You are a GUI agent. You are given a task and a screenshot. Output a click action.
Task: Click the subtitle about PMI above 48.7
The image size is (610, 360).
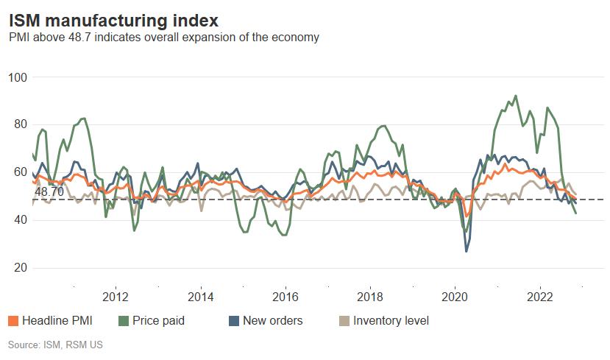tap(163, 37)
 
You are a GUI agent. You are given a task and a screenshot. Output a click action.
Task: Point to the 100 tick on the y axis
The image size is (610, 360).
tap(18, 77)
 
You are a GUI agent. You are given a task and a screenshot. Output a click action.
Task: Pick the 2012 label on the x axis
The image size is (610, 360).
tap(116, 297)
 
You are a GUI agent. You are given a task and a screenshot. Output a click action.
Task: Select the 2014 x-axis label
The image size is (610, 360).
tap(200, 297)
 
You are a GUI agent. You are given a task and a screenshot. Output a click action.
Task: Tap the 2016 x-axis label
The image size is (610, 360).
tap(285, 297)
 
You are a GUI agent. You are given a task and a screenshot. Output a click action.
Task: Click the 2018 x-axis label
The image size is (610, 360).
tap(369, 297)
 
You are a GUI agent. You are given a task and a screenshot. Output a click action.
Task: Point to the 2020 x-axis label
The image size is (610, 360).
tap(454, 297)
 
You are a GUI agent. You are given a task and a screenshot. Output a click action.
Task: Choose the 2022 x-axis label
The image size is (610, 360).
tap(539, 297)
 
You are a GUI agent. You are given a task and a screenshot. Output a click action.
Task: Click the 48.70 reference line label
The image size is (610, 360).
tap(49, 191)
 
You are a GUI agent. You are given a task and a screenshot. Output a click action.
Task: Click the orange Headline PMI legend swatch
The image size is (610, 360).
tap(13, 321)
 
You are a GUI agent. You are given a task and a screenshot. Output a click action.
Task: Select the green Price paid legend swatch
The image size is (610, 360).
tap(124, 321)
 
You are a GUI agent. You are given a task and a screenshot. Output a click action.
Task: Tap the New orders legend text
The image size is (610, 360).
tap(272, 321)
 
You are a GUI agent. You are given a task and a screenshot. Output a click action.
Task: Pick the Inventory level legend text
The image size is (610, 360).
tap(391, 321)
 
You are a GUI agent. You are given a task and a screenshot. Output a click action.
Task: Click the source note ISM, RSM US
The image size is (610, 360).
tap(54, 345)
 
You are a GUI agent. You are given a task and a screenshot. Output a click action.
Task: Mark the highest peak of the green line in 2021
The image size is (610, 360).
tap(515, 96)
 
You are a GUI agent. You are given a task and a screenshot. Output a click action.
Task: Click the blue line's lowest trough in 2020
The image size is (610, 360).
tap(466, 252)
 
